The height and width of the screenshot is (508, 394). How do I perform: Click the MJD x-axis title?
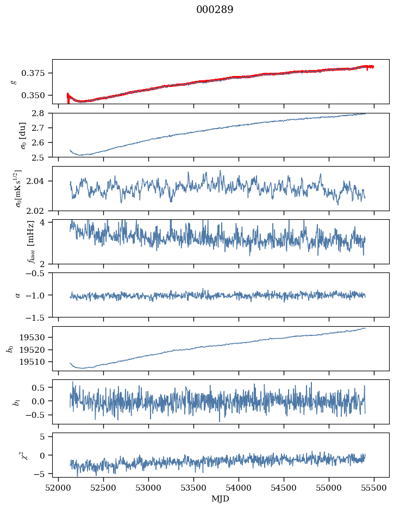[x=221, y=499]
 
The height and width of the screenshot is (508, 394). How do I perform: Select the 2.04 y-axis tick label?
[x=40, y=181]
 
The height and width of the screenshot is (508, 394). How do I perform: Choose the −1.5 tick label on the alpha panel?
[x=39, y=317]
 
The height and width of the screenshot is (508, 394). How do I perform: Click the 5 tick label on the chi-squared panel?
[x=46, y=436]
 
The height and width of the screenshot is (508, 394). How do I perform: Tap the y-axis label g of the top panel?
[x=14, y=81]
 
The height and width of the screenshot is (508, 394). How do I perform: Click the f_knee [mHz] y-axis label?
[x=14, y=242]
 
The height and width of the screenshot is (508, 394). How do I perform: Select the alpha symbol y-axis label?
[x=18, y=295]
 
